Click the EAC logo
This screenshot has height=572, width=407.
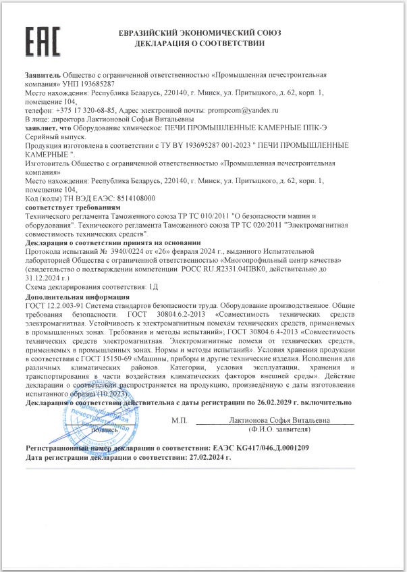coord(43,42)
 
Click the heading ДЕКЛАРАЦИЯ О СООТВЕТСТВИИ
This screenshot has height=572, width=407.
coord(199,43)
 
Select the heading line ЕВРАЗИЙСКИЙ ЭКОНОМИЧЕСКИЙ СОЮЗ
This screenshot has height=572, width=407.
coord(199,32)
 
